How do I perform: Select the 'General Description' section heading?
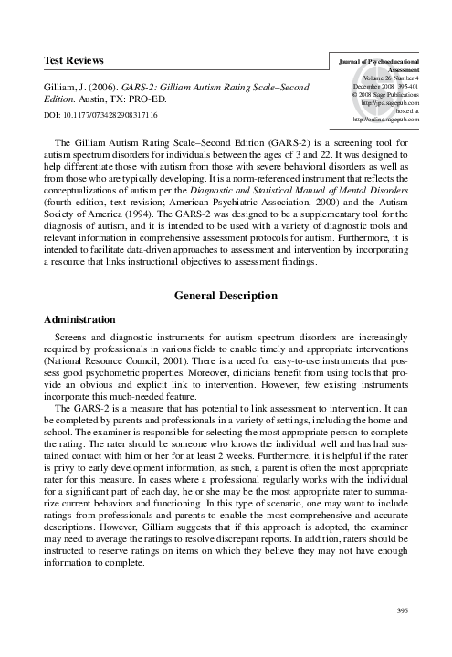(226, 296)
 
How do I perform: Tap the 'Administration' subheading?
(80, 320)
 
